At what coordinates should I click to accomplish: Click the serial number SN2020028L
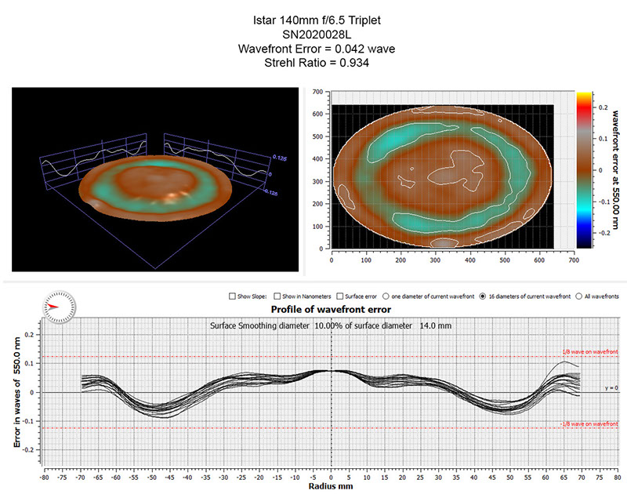(313, 35)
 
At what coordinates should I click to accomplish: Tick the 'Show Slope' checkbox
(233, 296)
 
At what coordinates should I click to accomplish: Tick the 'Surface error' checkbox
(339, 296)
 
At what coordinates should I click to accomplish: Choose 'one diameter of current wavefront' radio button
(386, 296)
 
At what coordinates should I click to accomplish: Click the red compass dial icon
(60, 303)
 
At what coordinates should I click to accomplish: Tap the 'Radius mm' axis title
(331, 486)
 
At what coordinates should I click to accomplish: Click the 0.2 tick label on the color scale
(600, 104)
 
